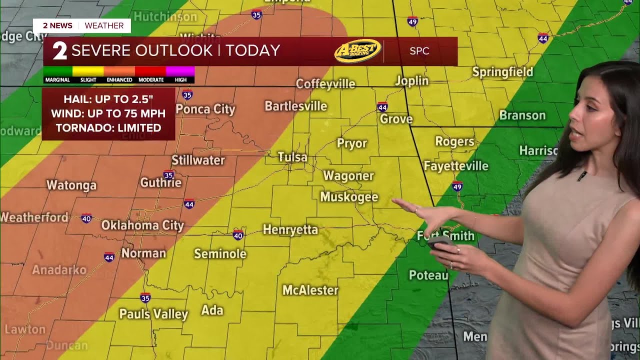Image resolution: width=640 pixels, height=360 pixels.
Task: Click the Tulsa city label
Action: coord(292,157)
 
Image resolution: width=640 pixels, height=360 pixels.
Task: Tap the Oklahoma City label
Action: coord(142,225)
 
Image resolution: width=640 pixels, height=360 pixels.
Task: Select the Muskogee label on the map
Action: coord(349,197)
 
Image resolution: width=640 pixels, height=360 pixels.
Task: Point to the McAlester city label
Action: coord(310,290)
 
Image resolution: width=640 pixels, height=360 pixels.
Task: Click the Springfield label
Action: coord(502,72)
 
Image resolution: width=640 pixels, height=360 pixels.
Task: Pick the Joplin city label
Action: coord(412,81)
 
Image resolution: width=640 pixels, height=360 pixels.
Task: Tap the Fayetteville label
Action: coord(456,166)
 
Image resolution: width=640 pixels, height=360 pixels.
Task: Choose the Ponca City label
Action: coord(205,109)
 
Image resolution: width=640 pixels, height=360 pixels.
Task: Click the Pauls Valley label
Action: coord(153,314)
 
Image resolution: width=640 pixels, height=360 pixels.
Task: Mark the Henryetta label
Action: coord(290,230)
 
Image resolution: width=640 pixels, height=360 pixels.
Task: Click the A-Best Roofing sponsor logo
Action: coord(357,51)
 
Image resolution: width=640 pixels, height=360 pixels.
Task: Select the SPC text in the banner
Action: coord(419,51)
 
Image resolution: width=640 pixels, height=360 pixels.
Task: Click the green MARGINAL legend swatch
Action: coord(57,71)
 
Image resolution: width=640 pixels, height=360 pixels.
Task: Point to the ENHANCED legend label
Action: coord(119,80)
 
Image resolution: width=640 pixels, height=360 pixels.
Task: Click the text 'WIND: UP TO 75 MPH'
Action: coord(108,113)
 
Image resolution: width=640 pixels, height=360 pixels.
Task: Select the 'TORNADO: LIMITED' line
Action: coord(108,128)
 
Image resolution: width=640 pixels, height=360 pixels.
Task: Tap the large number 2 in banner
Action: coord(60,51)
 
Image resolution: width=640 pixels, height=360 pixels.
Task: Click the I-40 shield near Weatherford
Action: coord(86,218)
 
